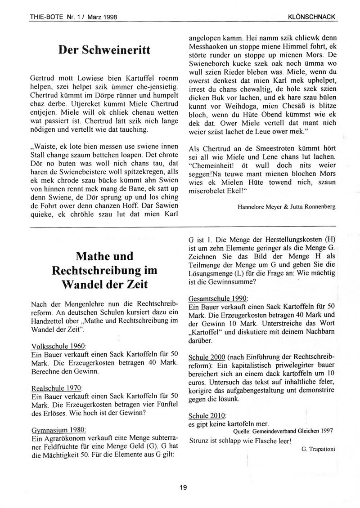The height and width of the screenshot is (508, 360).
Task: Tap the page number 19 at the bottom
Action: coord(183,487)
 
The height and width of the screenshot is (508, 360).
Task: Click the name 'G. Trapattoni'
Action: coord(318,448)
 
